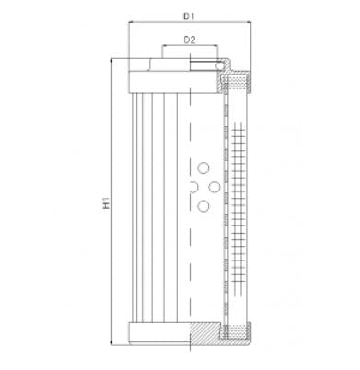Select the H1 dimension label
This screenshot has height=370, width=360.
pos(107,202)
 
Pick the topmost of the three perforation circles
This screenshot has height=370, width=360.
pos(203,168)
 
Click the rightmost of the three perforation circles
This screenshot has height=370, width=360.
pos(214,188)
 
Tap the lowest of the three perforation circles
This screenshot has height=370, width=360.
pos(203,206)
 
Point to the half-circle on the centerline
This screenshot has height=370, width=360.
pos(190,188)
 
